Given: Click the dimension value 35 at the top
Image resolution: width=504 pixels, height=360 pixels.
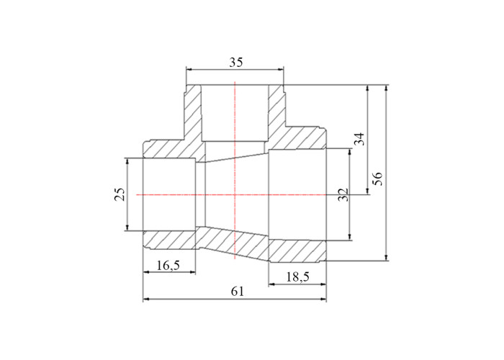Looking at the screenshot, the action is pos(236,63).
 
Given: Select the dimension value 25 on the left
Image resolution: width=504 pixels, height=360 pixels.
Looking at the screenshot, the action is pos(120,194).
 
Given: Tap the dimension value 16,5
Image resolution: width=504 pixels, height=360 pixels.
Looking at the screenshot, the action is pos(168,266).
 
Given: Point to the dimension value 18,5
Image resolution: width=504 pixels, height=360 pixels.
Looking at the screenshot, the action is pos(298,276).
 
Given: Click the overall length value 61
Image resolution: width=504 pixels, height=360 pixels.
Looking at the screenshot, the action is pos(238,292).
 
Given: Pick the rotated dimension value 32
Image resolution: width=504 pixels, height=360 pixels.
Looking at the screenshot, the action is pos(343,195).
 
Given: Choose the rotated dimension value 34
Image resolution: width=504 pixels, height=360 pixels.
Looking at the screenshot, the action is pos(360,139).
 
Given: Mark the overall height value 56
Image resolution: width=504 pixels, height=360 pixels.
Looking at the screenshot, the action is pos(377,179).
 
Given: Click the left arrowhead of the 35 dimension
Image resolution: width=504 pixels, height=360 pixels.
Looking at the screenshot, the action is pos(189,69).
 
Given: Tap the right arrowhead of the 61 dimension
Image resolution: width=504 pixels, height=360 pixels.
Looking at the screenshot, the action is pos(323,300).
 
